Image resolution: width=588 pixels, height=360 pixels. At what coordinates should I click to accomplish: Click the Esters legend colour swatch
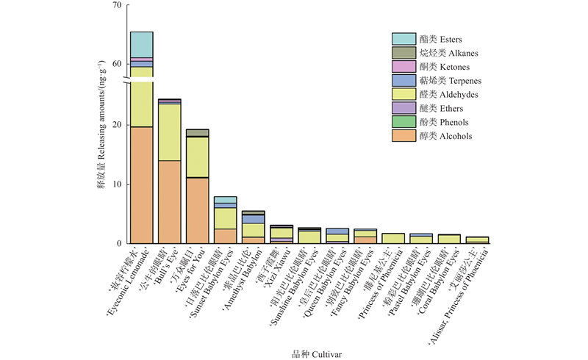coord(403,39)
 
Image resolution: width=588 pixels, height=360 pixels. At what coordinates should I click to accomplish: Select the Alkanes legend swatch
coord(403,53)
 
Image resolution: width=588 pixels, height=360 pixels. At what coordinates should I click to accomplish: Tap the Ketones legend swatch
coord(403,67)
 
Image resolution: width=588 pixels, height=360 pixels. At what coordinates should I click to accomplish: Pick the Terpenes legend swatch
coord(403,81)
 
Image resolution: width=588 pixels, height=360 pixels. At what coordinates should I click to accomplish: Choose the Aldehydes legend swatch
coord(403,95)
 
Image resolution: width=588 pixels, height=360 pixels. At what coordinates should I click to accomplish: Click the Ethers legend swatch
coord(403,109)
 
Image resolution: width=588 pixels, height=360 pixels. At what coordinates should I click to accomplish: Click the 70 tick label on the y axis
coord(115,6)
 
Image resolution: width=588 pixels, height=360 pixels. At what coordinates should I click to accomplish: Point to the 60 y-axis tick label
coord(115,64)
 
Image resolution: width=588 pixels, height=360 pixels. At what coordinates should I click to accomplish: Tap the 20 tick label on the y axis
coord(115,125)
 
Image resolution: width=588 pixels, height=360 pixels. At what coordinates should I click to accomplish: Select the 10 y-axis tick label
coord(115,184)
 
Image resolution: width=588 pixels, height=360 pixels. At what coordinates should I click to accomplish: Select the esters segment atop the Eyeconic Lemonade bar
coord(141,44)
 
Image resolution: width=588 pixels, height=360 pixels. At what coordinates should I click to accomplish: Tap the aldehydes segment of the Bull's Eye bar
coord(169,132)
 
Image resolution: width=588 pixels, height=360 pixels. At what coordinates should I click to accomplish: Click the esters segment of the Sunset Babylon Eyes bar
coord(225,199)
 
